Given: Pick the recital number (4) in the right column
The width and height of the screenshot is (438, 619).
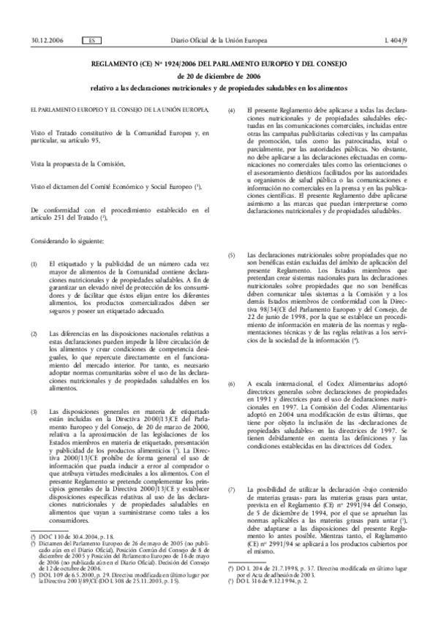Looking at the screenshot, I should pos(233,109).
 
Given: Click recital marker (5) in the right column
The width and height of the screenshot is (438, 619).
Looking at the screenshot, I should pos(233,275).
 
